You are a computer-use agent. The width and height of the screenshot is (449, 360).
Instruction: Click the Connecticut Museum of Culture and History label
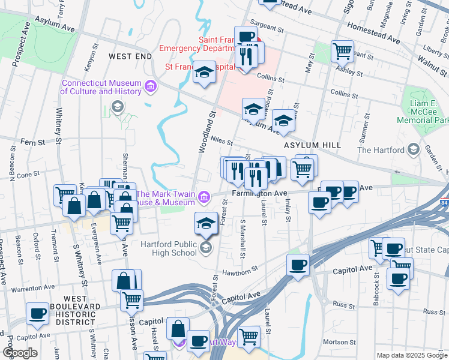(101, 88)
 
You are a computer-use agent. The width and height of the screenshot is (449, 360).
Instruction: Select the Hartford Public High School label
(169, 248)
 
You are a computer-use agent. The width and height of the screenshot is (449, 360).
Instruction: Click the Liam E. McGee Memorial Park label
(423, 112)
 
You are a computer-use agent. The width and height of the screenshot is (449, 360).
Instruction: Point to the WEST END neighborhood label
(130, 56)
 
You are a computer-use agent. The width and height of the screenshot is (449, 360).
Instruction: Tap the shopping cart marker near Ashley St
(342, 52)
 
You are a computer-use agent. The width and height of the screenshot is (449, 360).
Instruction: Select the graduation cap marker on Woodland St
(205, 73)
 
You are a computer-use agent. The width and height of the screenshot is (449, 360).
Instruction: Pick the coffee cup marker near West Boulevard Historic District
(38, 313)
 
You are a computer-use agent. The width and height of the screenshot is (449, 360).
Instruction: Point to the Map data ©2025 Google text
(411, 355)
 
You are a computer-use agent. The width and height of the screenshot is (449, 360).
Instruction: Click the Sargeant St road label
(267, 28)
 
